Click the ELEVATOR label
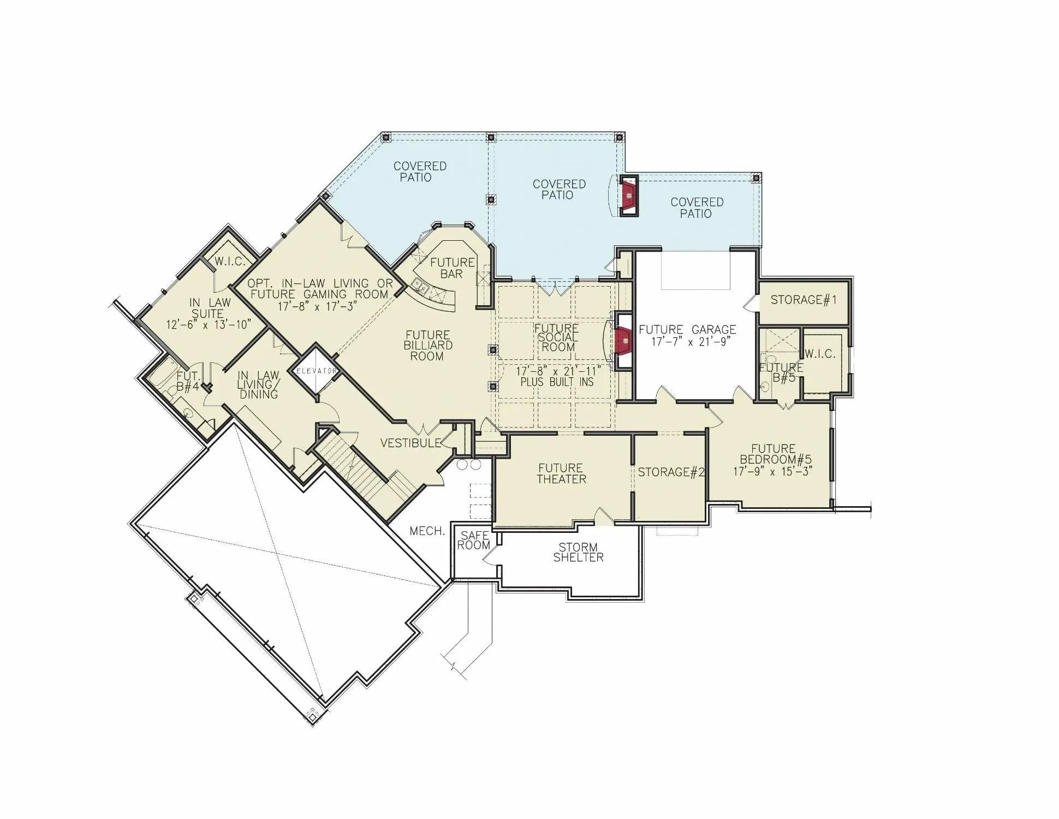(x=316, y=371)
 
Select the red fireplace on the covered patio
(x=629, y=196)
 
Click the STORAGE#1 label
(x=803, y=300)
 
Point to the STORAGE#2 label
(x=671, y=472)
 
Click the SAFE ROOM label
(x=473, y=540)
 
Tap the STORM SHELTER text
(x=578, y=552)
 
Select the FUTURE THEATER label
(x=561, y=473)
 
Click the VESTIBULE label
(x=410, y=443)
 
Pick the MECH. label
(x=427, y=531)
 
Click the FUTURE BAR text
(x=452, y=268)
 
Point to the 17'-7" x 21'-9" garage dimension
(x=691, y=342)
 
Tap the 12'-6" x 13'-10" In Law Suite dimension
(x=208, y=325)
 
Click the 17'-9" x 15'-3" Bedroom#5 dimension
(x=772, y=471)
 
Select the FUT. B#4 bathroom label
(x=188, y=382)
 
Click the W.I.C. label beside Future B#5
(x=819, y=354)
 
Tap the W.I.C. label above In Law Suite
(x=229, y=262)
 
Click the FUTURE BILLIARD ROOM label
(x=427, y=345)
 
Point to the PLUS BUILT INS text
(x=556, y=382)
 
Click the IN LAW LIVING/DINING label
(x=258, y=384)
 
